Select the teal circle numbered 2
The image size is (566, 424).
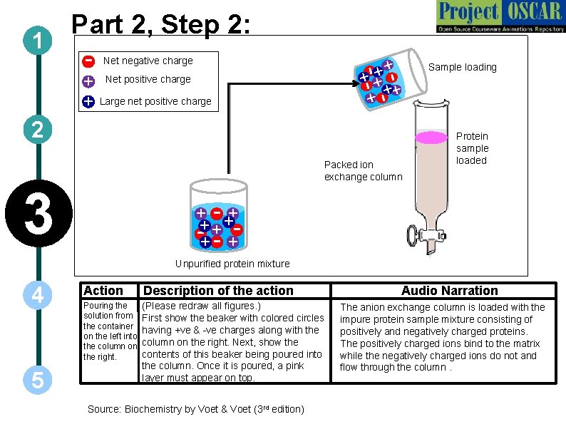tap(36, 130)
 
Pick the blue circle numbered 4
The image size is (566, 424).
tap(36, 294)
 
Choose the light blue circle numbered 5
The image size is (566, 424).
tap(36, 380)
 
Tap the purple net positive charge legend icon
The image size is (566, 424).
tap(88, 81)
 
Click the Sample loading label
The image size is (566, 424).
tap(462, 67)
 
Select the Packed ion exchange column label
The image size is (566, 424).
tap(363, 170)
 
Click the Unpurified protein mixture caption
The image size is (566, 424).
tap(232, 264)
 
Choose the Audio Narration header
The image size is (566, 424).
tap(449, 290)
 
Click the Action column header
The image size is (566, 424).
tap(103, 290)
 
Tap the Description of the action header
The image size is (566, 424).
tap(218, 290)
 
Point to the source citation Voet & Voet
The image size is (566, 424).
tap(195, 409)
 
